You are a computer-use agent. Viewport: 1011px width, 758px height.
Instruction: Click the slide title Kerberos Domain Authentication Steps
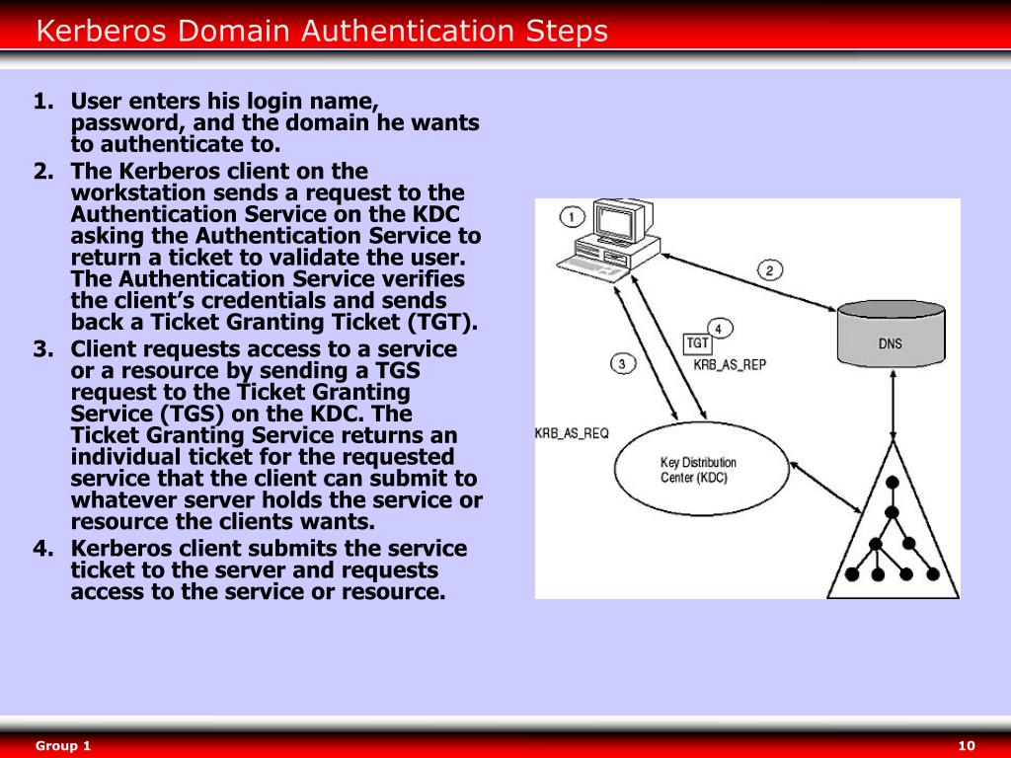coord(322,32)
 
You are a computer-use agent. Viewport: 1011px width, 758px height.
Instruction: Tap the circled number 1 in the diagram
coord(572,215)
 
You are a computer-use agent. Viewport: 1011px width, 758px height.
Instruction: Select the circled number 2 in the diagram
coord(771,268)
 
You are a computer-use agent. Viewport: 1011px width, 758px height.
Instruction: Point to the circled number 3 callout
coord(622,363)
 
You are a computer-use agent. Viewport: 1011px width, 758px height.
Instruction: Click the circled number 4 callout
coord(721,329)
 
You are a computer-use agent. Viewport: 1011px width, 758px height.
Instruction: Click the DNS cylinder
coord(890,336)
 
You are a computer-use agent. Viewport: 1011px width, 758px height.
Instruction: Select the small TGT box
coord(698,343)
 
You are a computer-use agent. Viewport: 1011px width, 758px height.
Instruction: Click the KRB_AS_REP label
coord(730,364)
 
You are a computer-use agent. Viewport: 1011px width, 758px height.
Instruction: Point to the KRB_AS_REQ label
coord(572,433)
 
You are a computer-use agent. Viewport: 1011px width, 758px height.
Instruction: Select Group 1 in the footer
coord(63,745)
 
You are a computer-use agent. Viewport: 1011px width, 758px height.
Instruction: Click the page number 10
coord(967,745)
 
